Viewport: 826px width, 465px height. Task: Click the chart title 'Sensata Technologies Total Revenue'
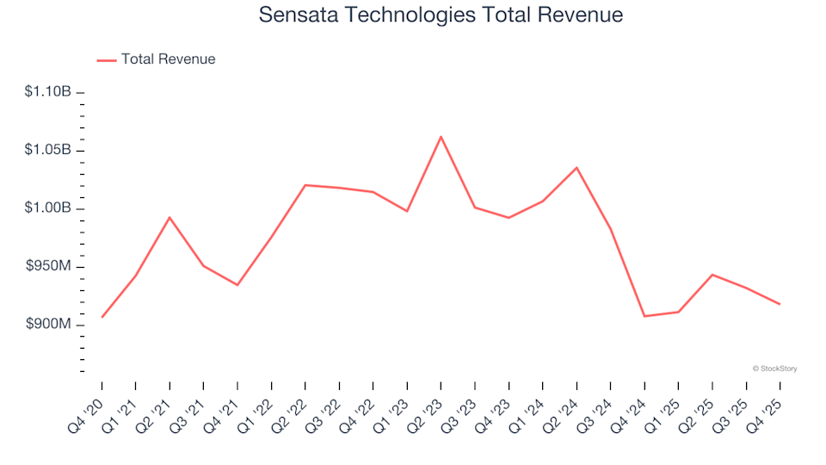click(x=440, y=15)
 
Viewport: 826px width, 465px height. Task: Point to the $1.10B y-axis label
click(x=47, y=91)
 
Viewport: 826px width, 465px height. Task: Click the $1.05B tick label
click(x=47, y=150)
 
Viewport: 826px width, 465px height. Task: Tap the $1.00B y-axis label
click(x=47, y=208)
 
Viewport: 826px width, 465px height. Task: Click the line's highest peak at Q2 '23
click(x=441, y=136)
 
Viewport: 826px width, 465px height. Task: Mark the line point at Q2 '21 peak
click(x=170, y=217)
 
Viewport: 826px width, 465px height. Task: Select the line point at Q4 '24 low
click(x=644, y=316)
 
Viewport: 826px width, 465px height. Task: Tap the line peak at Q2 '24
click(x=576, y=167)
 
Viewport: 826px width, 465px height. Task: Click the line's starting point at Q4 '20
click(x=102, y=317)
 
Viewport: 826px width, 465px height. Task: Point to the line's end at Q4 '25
click(x=780, y=304)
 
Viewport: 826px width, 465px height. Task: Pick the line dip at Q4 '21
click(x=237, y=285)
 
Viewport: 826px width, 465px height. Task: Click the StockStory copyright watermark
click(x=774, y=369)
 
